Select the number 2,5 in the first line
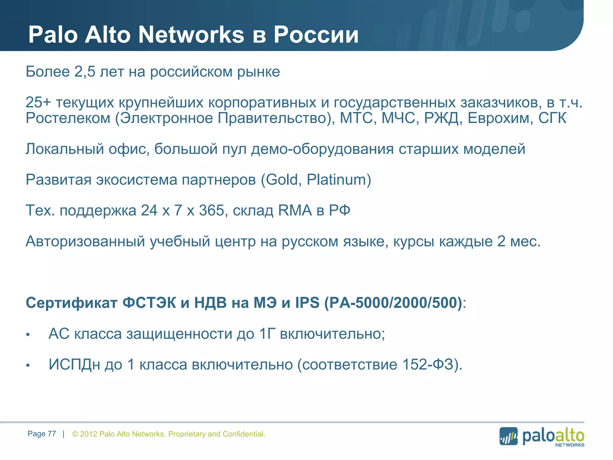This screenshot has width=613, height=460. click(x=85, y=72)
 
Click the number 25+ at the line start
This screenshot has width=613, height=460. click(x=38, y=102)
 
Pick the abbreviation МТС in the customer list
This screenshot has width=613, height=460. click(x=358, y=118)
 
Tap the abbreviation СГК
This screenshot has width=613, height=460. click(x=552, y=118)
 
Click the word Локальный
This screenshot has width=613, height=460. click(x=65, y=149)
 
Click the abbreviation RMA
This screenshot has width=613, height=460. click(x=295, y=211)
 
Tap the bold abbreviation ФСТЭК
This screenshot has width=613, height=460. click(x=149, y=303)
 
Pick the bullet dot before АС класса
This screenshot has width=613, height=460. click(x=28, y=335)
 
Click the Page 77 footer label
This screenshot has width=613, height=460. click(x=42, y=434)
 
